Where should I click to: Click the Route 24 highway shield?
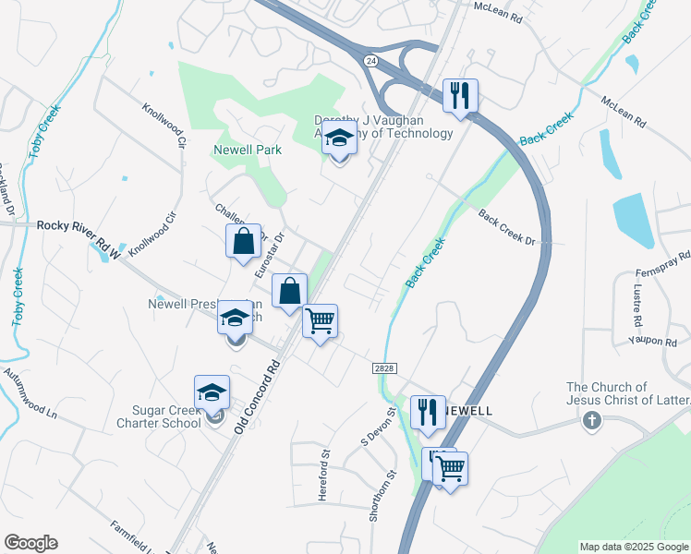point(370,60)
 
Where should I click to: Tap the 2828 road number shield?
point(385,367)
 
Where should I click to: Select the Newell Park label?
point(247,149)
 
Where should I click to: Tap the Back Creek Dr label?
point(507,227)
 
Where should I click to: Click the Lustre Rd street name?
point(637,305)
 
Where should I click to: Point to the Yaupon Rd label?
point(653,341)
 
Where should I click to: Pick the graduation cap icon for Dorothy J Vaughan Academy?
point(340,139)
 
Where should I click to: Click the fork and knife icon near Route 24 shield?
point(459,94)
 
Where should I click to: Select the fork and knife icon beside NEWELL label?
point(427,412)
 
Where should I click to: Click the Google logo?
point(30,543)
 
